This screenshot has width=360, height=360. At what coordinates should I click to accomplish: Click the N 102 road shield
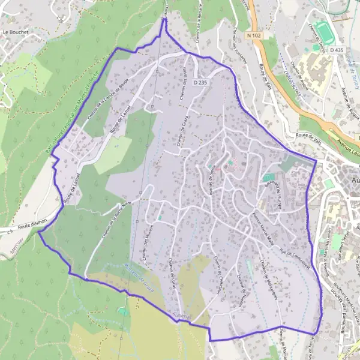[254, 36]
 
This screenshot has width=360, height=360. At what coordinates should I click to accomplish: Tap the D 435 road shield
[337, 50]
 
